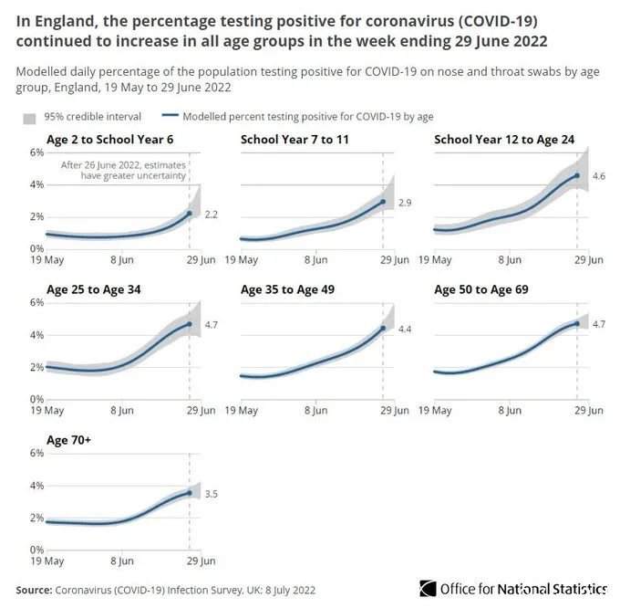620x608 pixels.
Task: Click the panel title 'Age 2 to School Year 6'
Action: (109, 139)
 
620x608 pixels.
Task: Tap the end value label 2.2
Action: (210, 214)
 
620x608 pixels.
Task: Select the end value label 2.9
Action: (405, 202)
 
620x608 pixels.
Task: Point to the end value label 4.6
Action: (599, 175)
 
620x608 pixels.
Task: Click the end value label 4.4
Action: (404, 328)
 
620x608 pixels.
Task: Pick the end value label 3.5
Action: (211, 493)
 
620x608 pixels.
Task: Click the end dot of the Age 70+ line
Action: (190, 493)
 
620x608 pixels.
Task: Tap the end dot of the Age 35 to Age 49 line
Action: (383, 329)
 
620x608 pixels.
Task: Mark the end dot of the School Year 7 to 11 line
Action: (383, 202)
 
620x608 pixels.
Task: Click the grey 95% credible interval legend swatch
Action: (29, 118)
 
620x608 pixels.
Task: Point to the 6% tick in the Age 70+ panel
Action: (37, 453)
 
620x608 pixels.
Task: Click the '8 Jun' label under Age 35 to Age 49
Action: (315, 411)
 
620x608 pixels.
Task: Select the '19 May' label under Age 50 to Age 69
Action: (436, 411)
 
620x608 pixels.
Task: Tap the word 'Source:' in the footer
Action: (34, 589)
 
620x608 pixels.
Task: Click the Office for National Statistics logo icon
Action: (428, 589)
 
